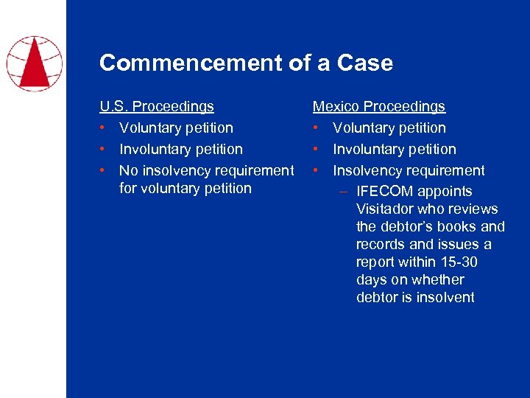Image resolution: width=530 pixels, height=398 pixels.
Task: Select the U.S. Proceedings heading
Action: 157,107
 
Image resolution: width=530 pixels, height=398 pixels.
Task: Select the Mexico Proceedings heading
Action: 379,107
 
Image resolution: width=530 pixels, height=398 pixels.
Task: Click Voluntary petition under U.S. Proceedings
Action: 176,128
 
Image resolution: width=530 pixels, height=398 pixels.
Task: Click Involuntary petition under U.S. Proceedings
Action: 180,150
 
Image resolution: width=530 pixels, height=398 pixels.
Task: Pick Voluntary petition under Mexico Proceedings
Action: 389,128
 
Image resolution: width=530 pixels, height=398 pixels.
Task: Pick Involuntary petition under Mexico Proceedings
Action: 395,150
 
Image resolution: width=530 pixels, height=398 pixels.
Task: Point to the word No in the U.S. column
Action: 128,171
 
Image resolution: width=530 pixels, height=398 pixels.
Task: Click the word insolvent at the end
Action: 445,298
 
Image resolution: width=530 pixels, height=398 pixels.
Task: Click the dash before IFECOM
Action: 344,192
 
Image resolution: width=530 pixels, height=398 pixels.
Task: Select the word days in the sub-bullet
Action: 372,280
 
